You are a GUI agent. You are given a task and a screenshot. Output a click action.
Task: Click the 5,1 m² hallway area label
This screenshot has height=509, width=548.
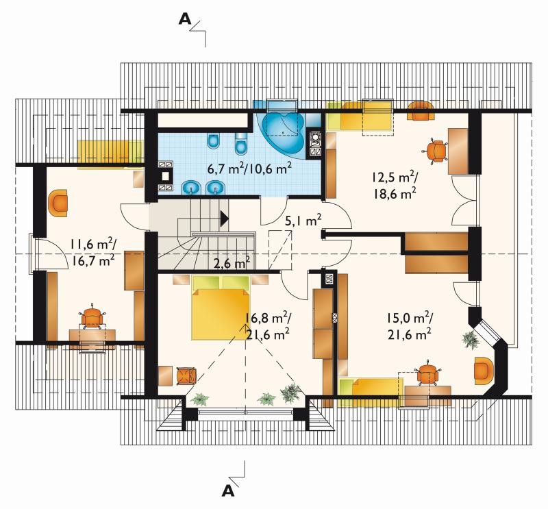click(303, 221)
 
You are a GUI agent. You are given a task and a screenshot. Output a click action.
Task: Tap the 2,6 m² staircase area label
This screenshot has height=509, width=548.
click(232, 262)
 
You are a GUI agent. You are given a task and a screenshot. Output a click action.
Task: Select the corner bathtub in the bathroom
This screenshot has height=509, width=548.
click(282, 132)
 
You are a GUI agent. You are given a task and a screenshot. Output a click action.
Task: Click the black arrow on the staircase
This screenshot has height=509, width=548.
click(225, 219)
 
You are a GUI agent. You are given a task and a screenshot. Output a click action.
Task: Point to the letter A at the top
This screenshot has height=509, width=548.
click(185, 19)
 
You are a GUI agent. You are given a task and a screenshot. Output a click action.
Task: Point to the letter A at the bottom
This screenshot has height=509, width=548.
click(228, 491)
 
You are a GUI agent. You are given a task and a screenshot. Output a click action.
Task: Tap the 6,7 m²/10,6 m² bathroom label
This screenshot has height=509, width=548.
click(249, 169)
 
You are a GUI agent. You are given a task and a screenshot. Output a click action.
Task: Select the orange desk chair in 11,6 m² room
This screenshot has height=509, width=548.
click(92, 316)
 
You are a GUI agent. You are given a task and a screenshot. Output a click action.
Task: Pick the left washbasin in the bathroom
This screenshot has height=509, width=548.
click(191, 188)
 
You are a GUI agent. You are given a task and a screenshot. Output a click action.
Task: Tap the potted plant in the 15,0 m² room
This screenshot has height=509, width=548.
click(470, 338)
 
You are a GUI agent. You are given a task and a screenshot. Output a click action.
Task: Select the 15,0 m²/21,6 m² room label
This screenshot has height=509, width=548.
click(409, 326)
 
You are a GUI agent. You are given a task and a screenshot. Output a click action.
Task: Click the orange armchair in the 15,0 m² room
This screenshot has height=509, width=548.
click(484, 371)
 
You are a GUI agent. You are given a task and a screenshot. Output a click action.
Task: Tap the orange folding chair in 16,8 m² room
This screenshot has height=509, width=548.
click(186, 376)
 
